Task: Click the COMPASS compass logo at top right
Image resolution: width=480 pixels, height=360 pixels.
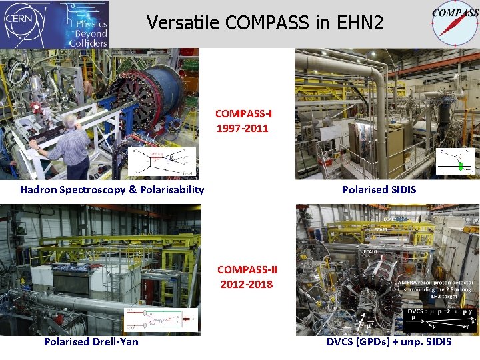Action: coord(454,24)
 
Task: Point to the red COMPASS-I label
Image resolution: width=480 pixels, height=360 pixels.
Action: coord(243,114)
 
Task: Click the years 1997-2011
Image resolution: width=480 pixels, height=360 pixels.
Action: coord(243,128)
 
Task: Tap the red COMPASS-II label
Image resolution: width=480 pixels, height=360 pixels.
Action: coord(247,270)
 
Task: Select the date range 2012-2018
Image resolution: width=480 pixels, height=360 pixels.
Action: coord(247,284)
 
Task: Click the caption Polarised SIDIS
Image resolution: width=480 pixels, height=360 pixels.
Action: coord(379,189)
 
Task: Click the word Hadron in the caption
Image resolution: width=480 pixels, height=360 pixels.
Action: coord(39,189)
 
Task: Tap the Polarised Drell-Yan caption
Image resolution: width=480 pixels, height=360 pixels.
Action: coord(91,341)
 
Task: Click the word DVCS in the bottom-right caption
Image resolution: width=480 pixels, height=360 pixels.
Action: coord(341,341)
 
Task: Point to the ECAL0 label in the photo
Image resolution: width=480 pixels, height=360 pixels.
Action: coord(371,252)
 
